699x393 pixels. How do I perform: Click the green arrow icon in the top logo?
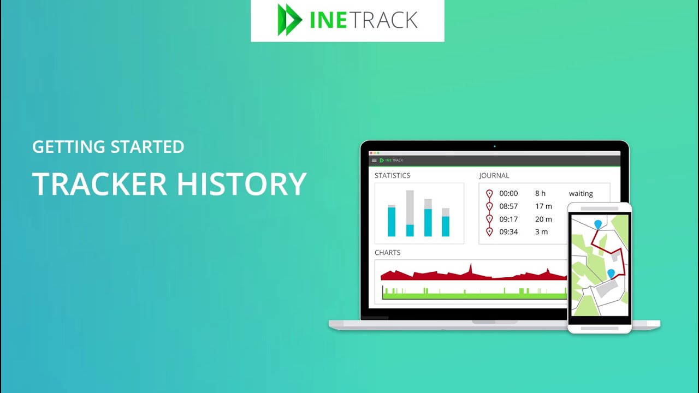click(x=289, y=20)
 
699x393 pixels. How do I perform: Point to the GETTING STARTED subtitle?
click(x=108, y=147)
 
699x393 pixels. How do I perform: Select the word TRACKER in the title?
click(x=100, y=184)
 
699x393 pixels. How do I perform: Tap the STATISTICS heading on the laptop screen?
click(x=392, y=176)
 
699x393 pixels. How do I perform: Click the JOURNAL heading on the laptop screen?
click(x=494, y=176)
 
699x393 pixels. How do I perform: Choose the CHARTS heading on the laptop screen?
click(x=387, y=253)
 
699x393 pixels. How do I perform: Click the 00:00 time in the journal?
click(x=508, y=194)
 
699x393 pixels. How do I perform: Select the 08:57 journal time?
click(x=508, y=206)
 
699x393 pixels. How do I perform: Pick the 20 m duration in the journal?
click(x=543, y=219)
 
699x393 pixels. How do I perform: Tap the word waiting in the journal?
click(x=580, y=194)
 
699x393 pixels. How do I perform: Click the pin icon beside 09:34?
click(x=489, y=232)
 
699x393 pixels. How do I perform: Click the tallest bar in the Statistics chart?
click(x=410, y=213)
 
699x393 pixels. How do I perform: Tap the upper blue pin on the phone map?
click(x=598, y=224)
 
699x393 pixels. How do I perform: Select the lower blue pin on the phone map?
click(x=611, y=273)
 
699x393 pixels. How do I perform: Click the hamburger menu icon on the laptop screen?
click(x=374, y=160)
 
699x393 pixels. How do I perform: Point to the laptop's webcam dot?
click(x=495, y=146)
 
